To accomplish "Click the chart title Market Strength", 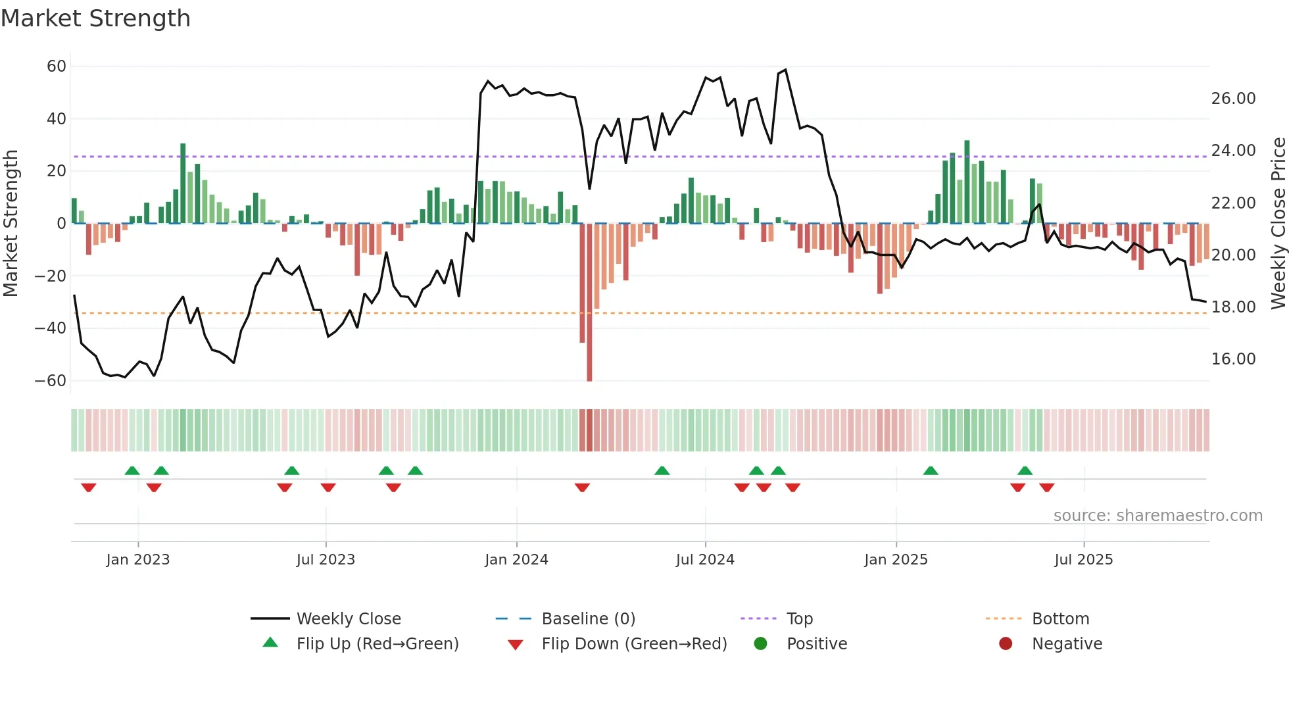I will click(95, 18).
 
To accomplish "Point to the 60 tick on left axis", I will click(57, 66).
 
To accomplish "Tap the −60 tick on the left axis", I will click(51, 381).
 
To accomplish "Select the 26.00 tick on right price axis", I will click(1233, 99).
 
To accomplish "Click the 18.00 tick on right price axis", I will click(1233, 307).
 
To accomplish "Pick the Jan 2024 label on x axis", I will click(516, 560).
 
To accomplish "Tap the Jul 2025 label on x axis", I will click(1083, 560).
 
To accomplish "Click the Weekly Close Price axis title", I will click(1278, 224).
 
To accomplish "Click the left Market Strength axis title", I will click(11, 224).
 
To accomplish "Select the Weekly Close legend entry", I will click(348, 619).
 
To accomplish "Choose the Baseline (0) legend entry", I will click(588, 619).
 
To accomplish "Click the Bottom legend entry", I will click(1060, 619).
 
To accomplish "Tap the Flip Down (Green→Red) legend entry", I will click(634, 644).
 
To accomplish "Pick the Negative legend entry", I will click(1067, 644).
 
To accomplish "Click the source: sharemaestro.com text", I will click(1157, 516).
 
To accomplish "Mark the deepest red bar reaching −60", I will click(589, 303).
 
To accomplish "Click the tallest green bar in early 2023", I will click(183, 184).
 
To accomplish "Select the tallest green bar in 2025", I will click(967, 182).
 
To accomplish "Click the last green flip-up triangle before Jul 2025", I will click(1025, 471).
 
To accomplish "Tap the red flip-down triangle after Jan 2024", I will click(582, 488).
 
